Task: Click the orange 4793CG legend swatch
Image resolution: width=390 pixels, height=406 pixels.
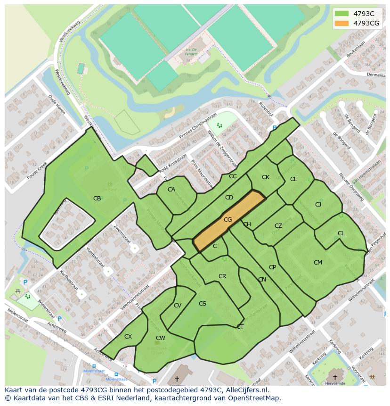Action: click(x=342, y=23)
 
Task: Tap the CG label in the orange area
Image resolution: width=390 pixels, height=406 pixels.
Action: click(x=227, y=220)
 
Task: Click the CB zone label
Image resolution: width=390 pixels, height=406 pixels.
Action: click(x=97, y=199)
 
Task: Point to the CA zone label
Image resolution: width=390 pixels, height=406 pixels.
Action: click(x=171, y=190)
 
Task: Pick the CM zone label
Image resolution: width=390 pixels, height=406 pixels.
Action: click(x=318, y=263)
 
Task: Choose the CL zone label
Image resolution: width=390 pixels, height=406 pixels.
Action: click(x=341, y=233)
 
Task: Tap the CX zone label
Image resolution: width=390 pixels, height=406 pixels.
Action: click(x=128, y=337)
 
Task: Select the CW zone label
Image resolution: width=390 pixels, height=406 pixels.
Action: click(x=160, y=338)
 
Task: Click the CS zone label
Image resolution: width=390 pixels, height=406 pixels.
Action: click(x=203, y=304)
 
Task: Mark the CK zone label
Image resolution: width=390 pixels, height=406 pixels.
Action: click(x=266, y=177)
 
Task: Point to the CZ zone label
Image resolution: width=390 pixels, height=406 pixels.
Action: click(x=278, y=226)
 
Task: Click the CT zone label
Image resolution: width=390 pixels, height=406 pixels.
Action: click(x=240, y=326)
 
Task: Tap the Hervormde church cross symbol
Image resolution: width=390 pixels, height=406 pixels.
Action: click(x=335, y=377)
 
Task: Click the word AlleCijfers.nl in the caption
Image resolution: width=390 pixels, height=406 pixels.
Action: click(x=245, y=390)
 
